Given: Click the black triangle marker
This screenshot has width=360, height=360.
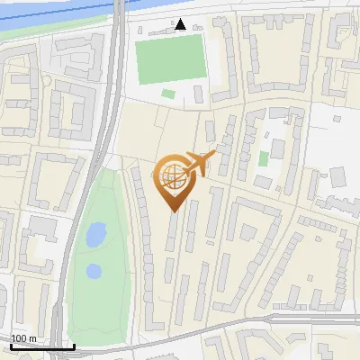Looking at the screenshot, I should [x=181, y=24].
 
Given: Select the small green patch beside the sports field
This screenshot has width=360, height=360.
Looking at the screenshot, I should [x=168, y=94].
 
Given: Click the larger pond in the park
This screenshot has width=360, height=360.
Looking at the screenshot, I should [x=94, y=235].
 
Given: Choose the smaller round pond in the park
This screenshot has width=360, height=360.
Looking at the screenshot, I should [x=94, y=270].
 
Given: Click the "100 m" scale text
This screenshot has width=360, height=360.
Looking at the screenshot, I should [x=23, y=338].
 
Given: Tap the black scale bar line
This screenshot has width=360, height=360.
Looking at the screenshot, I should [x=41, y=346].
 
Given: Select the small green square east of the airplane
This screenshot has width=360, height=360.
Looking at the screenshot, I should [x=264, y=158].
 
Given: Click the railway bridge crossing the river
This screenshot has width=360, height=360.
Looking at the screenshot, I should [x=118, y=10].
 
